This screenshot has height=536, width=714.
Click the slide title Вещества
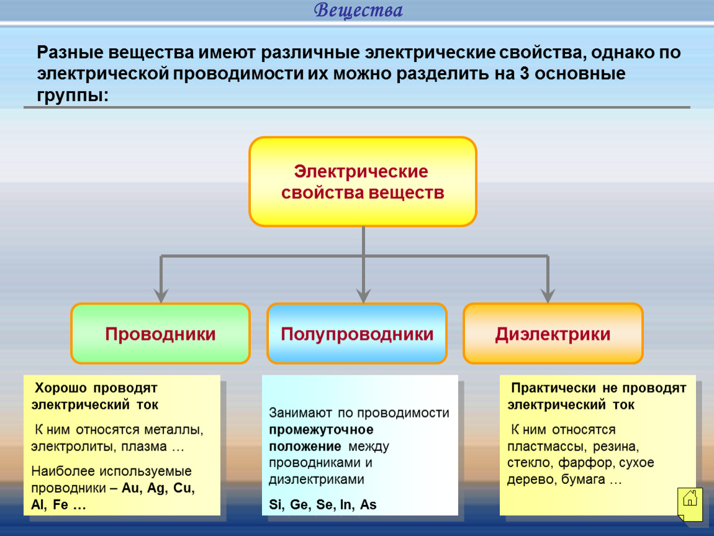pos(358,10)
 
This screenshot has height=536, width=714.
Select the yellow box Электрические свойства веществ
pos(363,182)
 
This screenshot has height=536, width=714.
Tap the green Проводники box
pos(160,334)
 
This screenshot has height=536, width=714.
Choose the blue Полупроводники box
pos(357,334)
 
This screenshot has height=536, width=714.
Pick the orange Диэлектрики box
pos(553,334)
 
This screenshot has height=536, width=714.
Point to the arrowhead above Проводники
pos(161,296)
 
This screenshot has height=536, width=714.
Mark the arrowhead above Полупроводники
pos(363,296)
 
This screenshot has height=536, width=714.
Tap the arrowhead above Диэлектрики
pos(548,296)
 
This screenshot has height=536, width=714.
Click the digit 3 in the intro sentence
pos(525,74)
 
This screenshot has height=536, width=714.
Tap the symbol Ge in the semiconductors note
pos(299,504)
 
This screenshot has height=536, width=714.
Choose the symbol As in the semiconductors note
pos(368,504)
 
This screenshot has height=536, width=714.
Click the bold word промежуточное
pos(321,429)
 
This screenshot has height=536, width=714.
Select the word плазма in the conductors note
pos(144,447)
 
